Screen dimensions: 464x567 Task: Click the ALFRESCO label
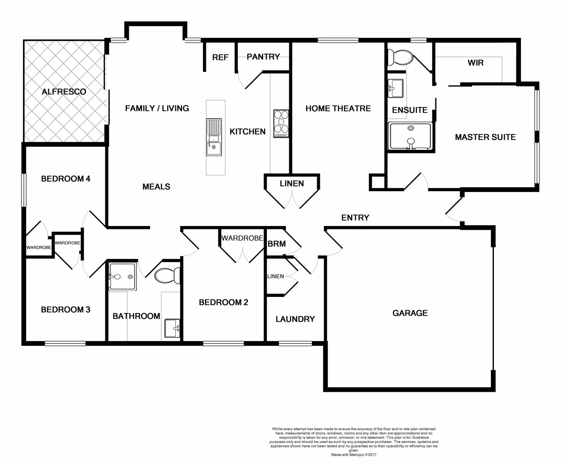[x=64, y=92]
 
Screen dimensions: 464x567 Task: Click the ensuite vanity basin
[x=395, y=88]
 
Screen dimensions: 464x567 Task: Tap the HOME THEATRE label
[x=338, y=108]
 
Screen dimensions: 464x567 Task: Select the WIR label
[x=475, y=63]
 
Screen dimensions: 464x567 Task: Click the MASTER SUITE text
[x=485, y=137]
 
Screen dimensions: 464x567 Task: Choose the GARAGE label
[x=410, y=313]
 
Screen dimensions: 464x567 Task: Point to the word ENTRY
[x=355, y=217]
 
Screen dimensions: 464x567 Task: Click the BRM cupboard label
[x=276, y=244]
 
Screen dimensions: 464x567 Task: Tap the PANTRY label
[x=263, y=56]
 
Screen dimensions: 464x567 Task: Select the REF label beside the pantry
[x=220, y=57]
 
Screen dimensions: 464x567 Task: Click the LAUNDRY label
[x=295, y=319]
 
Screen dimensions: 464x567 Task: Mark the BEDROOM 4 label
[x=65, y=178]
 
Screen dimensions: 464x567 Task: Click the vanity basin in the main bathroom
[x=172, y=329]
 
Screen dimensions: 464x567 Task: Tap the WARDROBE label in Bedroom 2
[x=242, y=238]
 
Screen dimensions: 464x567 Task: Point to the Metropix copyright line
[x=353, y=455]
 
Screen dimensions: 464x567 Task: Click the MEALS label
[x=156, y=186]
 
